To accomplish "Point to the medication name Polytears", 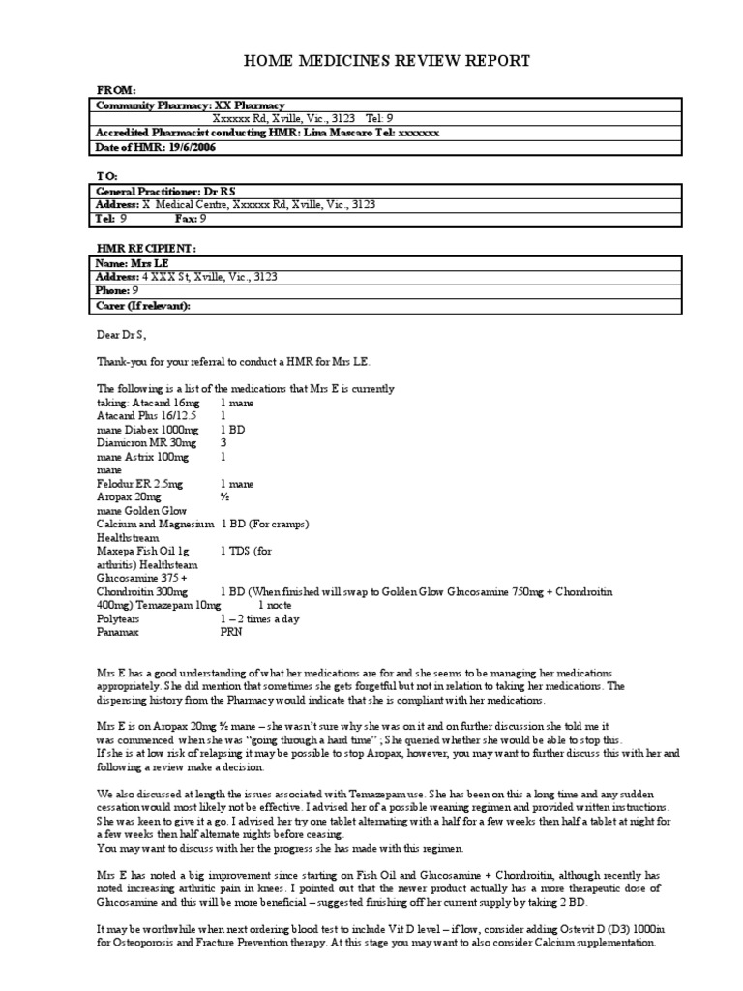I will point(119,617).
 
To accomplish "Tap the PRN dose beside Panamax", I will point(232,631).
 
